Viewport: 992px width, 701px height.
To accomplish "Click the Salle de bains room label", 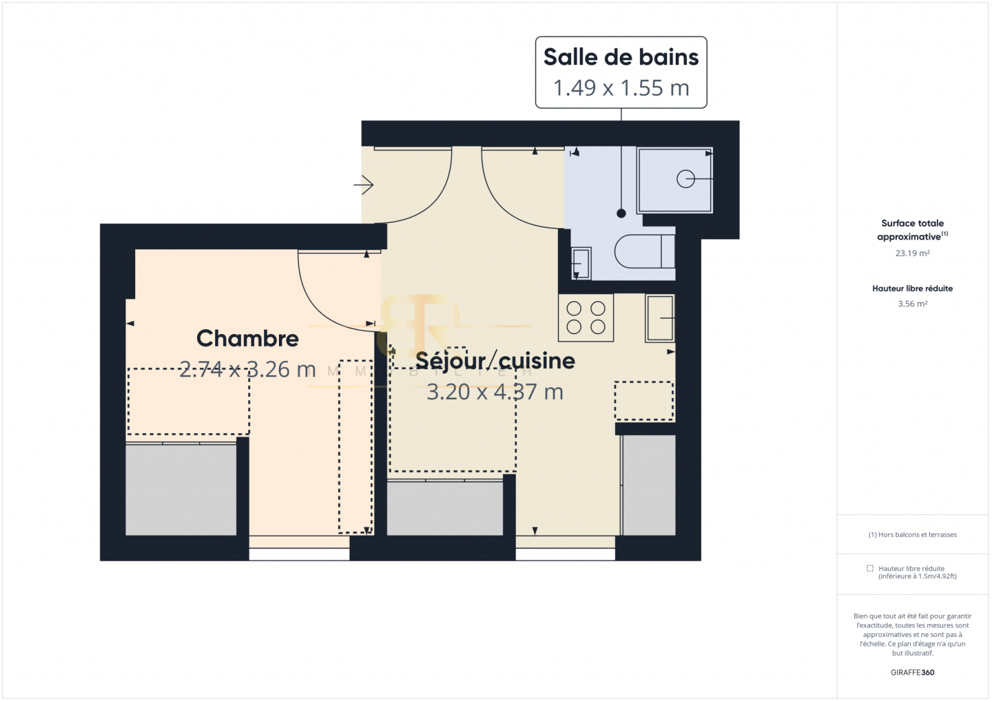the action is (621, 57).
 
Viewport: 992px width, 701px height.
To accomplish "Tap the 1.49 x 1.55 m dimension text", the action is (621, 87).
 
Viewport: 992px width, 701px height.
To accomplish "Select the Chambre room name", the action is (247, 338).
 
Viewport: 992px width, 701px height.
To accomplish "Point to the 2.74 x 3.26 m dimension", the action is (247, 369).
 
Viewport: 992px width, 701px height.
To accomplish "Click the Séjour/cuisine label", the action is (495, 361).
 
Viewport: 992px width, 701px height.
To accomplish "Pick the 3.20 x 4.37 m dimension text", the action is (495, 392).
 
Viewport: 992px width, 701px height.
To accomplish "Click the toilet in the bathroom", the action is (645, 251).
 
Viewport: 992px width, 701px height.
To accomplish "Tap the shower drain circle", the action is (686, 179).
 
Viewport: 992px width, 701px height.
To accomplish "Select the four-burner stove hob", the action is (586, 317).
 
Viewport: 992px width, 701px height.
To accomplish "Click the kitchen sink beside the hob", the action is (660, 318).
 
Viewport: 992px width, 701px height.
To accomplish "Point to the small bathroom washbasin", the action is (581, 263).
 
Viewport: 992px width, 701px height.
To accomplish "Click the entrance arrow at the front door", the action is (363, 185).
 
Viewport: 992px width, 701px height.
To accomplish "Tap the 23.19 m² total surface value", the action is (912, 254).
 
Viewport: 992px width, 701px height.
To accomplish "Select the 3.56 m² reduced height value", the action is (912, 304).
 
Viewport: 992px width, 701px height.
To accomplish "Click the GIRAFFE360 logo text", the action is (912, 672).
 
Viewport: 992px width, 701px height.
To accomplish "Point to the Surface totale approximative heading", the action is (912, 230).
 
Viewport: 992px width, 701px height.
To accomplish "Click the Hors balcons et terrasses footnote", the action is (912, 534).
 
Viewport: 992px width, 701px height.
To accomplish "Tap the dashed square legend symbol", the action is (870, 568).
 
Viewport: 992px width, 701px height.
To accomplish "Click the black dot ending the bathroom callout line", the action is (621, 213).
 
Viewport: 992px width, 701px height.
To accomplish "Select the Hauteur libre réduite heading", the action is (912, 288).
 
